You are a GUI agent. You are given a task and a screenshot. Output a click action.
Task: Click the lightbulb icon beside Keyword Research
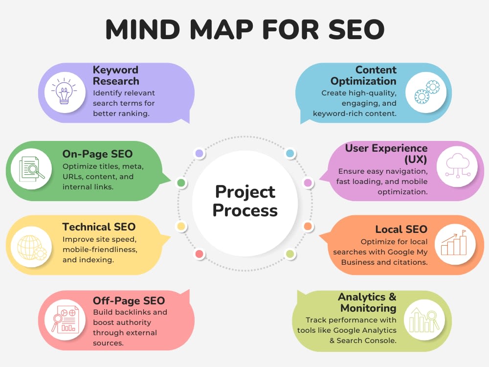tap(64, 92)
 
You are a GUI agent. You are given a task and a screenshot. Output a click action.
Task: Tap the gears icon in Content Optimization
tap(426, 92)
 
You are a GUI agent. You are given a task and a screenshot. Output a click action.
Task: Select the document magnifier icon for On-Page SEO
tap(31, 169)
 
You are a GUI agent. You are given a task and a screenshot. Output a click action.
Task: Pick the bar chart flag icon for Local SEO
tap(454, 243)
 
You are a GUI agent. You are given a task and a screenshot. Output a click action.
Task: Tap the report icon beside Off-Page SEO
tap(65, 320)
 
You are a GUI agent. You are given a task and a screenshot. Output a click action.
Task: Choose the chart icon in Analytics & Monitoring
tap(424, 320)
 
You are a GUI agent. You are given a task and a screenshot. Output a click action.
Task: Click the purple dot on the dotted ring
tap(199, 153)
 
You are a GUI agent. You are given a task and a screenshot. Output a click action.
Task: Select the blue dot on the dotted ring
tap(290, 153)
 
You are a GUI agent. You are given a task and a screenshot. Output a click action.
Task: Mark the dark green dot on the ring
tap(181, 183)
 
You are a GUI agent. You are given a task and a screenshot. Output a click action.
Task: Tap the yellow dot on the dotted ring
tap(181, 226)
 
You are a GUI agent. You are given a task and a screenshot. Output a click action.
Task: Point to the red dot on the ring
tap(199, 253)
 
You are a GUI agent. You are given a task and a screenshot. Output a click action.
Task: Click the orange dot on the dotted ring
tap(308, 226)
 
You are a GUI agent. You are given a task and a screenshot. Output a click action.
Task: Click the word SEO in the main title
tap(356, 29)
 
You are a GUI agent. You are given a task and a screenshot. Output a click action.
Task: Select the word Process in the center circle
tap(245, 210)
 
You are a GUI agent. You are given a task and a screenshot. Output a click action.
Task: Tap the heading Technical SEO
tap(99, 227)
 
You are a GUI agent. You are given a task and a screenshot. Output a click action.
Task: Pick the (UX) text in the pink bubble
tap(416, 160)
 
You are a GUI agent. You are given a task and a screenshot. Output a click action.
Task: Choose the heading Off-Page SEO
tap(129, 300)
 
